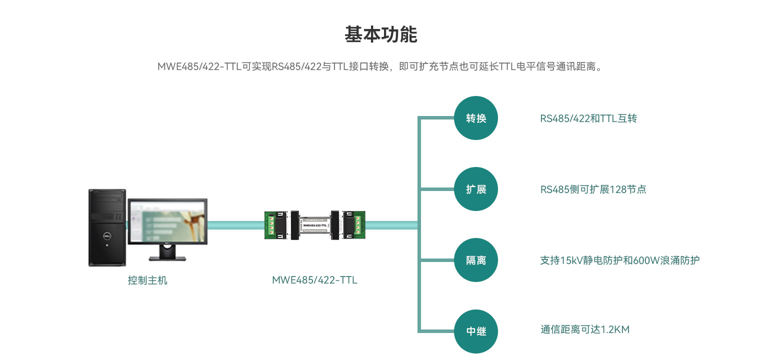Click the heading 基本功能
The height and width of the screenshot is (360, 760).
380,34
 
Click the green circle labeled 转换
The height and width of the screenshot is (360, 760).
475,118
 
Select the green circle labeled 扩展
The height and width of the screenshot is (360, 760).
475,189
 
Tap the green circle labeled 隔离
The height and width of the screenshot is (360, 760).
475,260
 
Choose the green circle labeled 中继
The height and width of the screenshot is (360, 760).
475,331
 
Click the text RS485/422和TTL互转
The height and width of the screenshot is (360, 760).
588,118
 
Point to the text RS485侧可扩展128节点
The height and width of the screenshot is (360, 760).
593,189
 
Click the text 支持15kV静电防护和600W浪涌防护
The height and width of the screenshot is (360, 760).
619,260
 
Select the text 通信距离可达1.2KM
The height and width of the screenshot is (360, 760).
584,329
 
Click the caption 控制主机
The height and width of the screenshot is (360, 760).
147,280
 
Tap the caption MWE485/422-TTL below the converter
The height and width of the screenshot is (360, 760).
314,280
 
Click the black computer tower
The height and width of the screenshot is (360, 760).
107,227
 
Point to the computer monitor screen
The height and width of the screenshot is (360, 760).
167,221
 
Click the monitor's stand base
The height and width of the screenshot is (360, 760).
167,258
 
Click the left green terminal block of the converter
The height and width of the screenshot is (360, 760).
271,225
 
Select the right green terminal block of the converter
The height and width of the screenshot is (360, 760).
358,225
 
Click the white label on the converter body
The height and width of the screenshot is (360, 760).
314,225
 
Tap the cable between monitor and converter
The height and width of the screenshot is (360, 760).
236,225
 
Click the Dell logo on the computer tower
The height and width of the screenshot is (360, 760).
106,236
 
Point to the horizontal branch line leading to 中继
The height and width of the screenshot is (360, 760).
437,331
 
